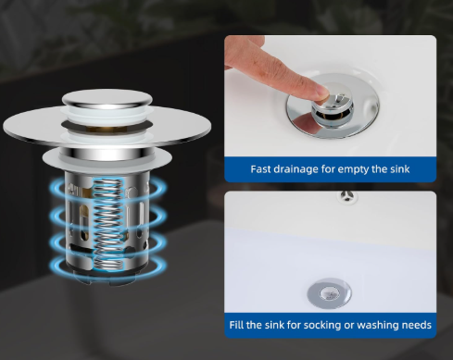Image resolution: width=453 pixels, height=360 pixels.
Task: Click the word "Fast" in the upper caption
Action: click(259, 169)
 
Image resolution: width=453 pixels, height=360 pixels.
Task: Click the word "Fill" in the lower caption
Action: click(234, 325)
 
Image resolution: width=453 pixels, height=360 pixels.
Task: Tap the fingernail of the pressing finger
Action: click(321, 92)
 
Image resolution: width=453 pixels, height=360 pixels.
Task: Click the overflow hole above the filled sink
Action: click(347, 196)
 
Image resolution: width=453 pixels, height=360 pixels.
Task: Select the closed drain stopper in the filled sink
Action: click(329, 293)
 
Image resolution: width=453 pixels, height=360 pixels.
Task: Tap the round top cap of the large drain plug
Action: click(107, 98)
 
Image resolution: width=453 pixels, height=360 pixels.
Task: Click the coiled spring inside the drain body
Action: click(107, 225)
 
